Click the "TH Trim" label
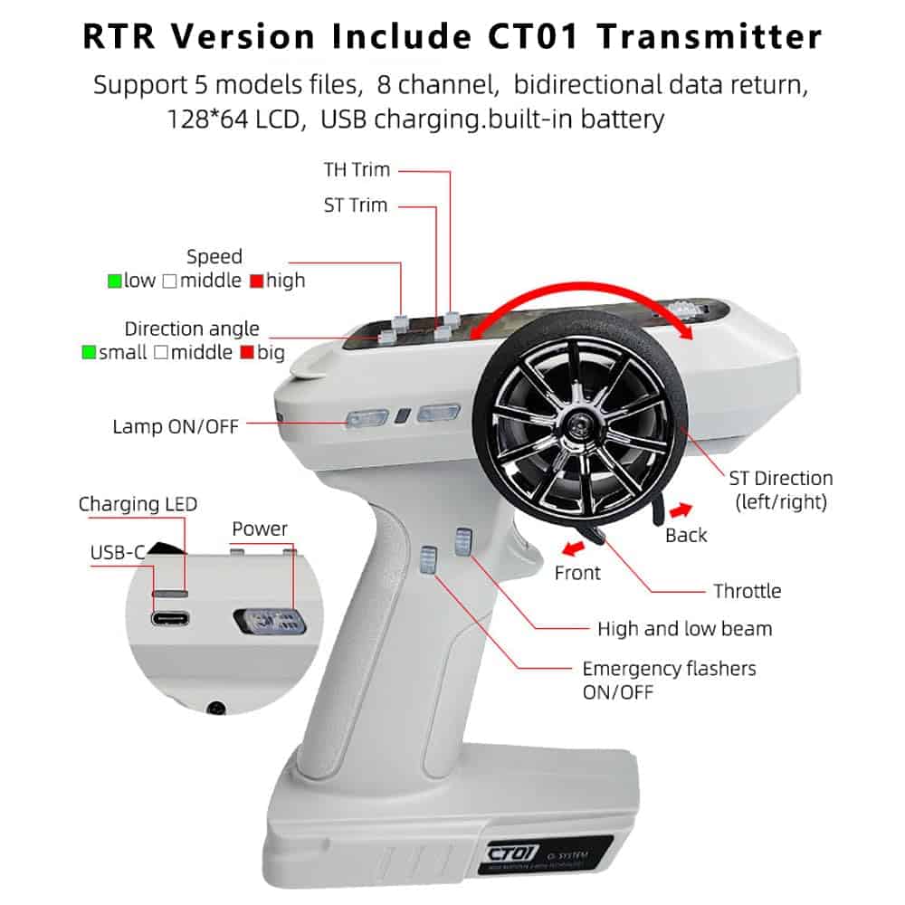pos(357,169)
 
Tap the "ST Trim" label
pos(356,205)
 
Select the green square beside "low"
pos(115,281)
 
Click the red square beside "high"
pos(256,281)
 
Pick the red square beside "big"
pos(246,353)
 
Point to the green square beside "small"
pos(89,353)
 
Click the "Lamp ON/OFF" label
pos(176,425)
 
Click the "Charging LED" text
pos(138,504)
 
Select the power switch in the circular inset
pos(268,623)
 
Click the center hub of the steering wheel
pos(578,422)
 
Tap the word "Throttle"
pos(747,592)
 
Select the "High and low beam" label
pos(685,629)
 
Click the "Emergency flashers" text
pos(669,670)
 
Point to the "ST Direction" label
pos(781,478)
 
